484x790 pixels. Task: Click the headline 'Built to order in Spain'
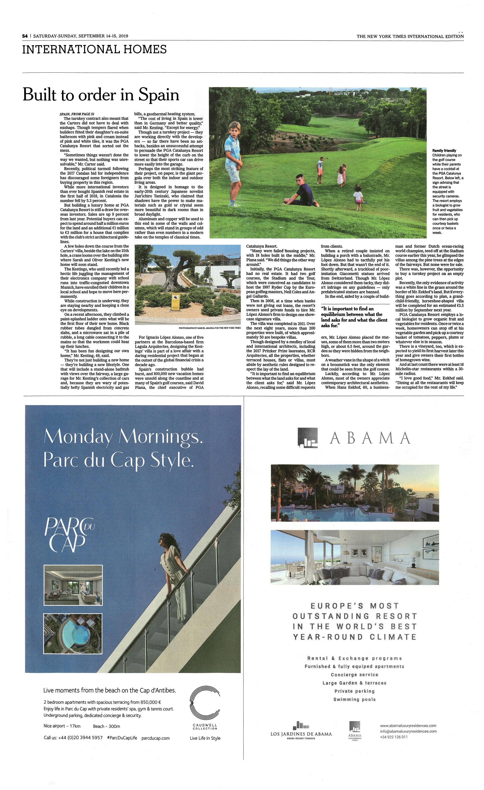(101, 95)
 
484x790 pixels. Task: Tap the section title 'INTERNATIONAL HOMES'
(94, 49)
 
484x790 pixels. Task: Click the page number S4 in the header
(25, 36)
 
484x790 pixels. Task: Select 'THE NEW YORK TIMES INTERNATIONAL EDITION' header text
(410, 36)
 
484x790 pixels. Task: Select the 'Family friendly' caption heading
(444, 150)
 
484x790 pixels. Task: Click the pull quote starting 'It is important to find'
(354, 317)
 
